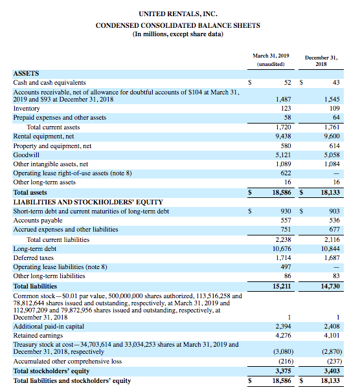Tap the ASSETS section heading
coord(27,74)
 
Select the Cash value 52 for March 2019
coord(286,83)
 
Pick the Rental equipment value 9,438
coord(282,137)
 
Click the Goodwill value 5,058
coord(331,155)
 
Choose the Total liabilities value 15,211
coord(281,285)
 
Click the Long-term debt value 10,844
coord(330,249)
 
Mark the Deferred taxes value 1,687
coord(331,258)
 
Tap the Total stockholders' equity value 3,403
coord(331,371)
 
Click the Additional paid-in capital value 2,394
coord(282,326)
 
